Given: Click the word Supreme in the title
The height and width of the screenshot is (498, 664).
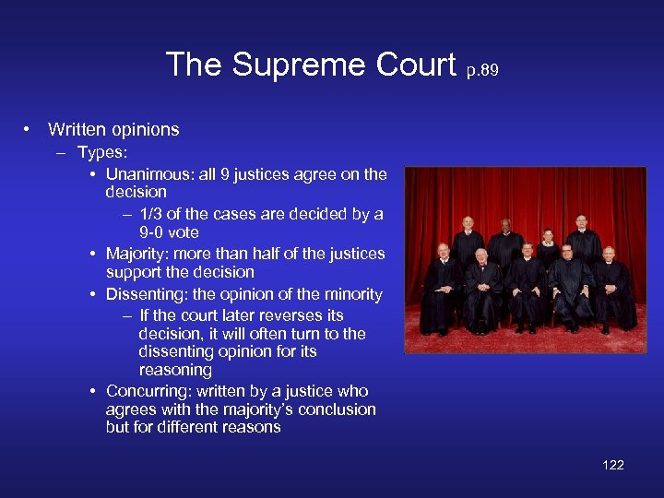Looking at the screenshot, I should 293,65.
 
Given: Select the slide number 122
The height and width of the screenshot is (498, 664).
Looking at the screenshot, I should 613,464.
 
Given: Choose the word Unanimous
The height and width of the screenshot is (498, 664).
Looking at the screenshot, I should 145,173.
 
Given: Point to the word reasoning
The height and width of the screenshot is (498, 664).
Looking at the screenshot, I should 175,370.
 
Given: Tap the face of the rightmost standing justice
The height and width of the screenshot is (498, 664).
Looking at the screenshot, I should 581,222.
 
